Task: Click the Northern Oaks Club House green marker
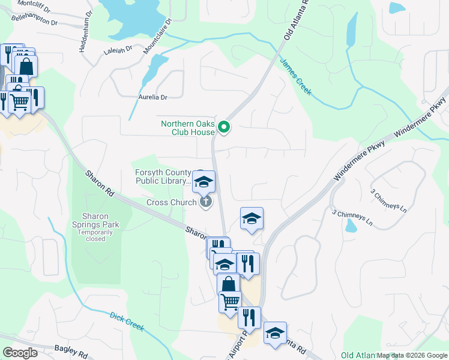224,127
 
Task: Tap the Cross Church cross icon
205,202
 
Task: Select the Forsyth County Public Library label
163,176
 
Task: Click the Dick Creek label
127,321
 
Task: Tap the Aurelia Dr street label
152,97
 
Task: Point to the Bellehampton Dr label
35,19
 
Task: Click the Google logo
20,353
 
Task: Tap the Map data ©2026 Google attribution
412,355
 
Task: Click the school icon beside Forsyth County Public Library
204,181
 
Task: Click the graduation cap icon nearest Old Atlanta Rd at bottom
275,334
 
